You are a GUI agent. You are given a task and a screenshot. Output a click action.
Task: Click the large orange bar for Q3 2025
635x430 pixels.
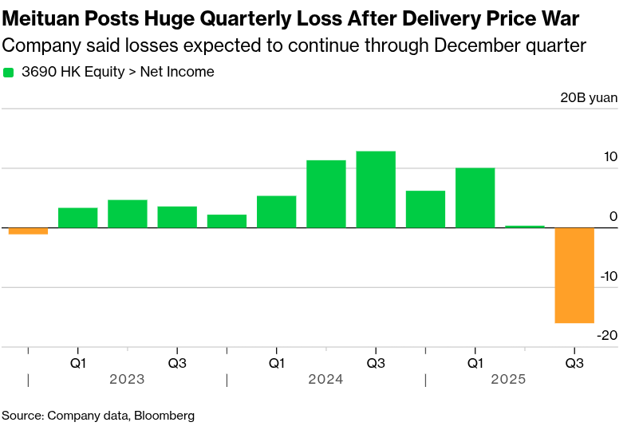574,275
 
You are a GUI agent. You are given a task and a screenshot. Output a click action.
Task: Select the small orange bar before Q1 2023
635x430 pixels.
28,231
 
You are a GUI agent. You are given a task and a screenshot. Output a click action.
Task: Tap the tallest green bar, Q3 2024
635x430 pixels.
376,189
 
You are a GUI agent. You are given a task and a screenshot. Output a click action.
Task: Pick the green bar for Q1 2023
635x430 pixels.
78,218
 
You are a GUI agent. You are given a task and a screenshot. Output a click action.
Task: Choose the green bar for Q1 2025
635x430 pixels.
475,198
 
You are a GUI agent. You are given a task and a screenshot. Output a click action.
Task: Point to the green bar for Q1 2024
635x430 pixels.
276,211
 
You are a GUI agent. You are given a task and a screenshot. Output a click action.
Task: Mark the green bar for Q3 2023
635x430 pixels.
177,217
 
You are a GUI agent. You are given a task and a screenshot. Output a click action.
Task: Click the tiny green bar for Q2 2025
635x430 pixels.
525,227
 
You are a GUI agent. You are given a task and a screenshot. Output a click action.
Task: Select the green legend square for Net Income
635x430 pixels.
9,73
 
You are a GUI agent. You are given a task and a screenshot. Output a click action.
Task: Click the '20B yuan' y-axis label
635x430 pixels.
589,98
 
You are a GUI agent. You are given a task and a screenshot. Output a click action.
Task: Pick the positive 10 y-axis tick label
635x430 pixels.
609,157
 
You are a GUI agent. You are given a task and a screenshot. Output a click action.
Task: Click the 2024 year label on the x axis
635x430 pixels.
325,380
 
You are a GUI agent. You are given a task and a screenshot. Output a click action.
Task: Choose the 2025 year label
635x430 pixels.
508,380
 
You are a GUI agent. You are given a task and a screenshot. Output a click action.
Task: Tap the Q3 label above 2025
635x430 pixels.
574,363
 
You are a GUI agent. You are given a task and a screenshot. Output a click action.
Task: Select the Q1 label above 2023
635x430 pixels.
78,363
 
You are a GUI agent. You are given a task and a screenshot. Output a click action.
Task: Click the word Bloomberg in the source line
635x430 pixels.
164,416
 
